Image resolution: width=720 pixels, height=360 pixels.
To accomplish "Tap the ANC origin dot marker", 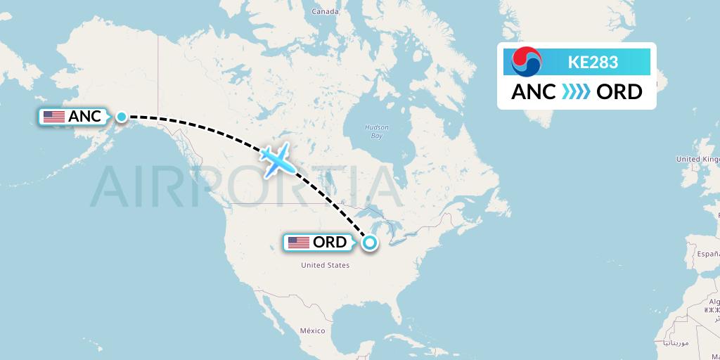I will (x=121, y=117).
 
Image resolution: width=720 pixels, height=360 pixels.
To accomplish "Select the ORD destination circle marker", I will (x=369, y=243).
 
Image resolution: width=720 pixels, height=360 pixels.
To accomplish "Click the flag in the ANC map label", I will (x=54, y=117).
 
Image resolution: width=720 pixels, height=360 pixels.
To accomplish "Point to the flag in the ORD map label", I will (x=299, y=243).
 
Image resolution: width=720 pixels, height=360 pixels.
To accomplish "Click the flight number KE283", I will (x=593, y=62).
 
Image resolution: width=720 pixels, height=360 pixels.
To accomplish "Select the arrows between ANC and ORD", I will (x=576, y=92).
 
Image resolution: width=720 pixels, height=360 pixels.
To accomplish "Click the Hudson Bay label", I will (x=377, y=131).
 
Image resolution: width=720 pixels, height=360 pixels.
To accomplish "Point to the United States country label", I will (x=325, y=265).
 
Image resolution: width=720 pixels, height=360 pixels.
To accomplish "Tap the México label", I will (x=312, y=330).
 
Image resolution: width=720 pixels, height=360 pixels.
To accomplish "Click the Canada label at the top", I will (x=326, y=12).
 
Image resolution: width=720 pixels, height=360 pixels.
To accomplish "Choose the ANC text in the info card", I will (x=533, y=92).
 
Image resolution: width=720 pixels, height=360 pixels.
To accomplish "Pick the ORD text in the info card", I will (x=619, y=92).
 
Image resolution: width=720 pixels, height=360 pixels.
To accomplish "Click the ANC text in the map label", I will (x=85, y=117).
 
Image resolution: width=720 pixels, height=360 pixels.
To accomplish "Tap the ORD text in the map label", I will (x=330, y=243).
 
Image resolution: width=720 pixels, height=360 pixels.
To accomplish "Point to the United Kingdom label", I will (x=697, y=160).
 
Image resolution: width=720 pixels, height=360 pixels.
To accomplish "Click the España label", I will (x=707, y=252).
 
